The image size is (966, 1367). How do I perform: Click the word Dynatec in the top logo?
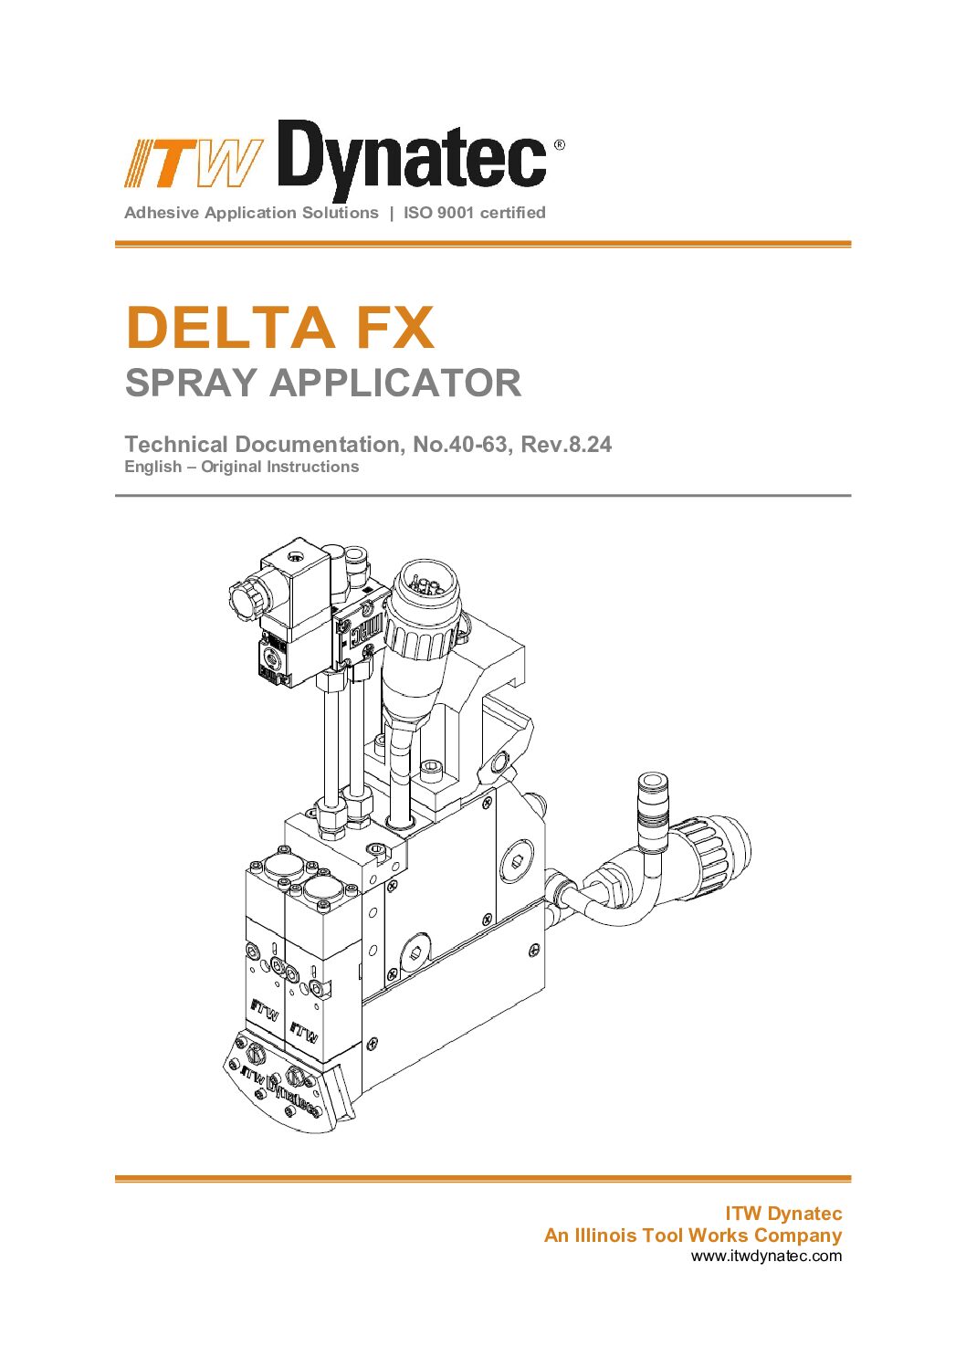(x=412, y=160)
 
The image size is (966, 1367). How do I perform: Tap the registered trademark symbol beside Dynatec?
(x=559, y=145)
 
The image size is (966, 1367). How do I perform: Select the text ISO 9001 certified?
(x=474, y=213)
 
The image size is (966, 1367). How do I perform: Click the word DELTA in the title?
(x=230, y=328)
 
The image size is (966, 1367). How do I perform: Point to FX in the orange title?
(x=395, y=328)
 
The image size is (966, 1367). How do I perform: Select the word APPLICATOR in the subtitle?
(x=395, y=383)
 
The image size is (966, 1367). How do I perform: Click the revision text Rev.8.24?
(x=566, y=445)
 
